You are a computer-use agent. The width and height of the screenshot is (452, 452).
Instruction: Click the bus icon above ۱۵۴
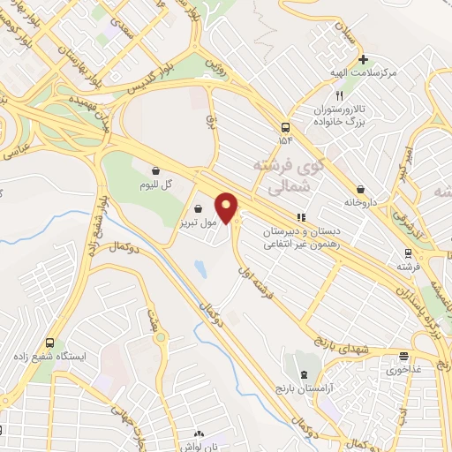285,126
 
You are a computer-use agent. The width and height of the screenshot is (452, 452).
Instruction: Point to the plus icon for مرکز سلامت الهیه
361,60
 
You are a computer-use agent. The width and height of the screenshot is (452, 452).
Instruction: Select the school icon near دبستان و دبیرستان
301,216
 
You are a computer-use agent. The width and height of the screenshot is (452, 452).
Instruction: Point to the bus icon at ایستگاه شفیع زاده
49,342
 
